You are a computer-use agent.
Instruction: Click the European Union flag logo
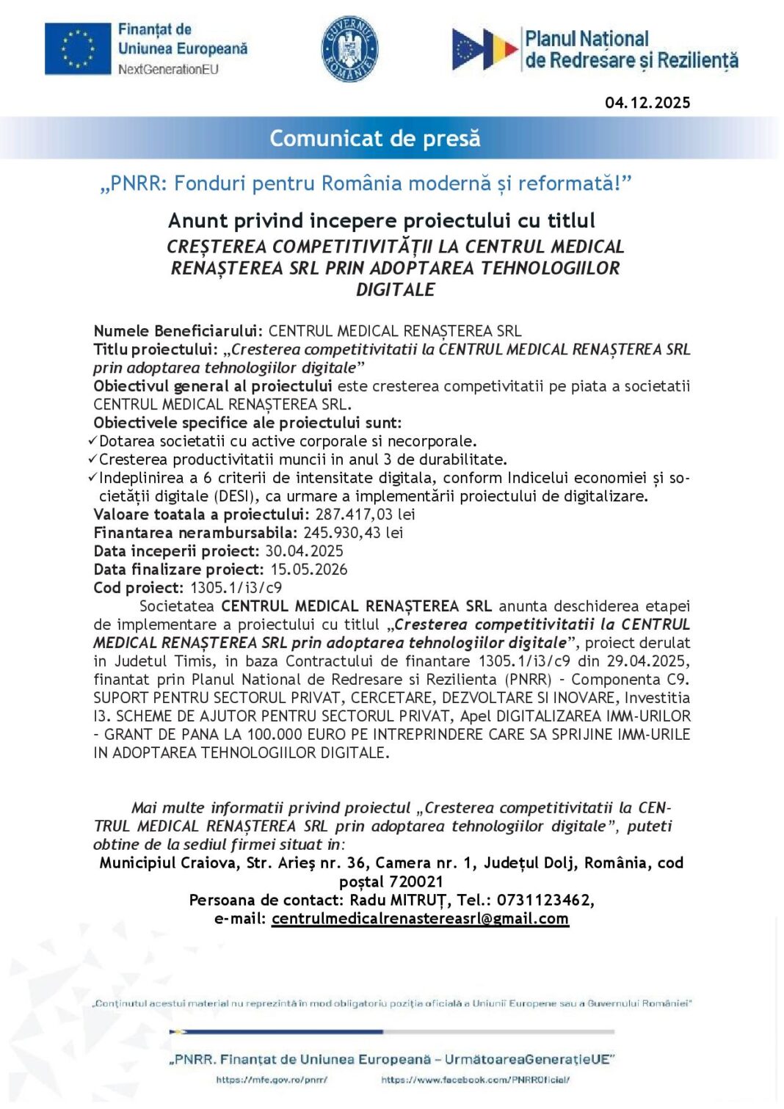tap(77, 48)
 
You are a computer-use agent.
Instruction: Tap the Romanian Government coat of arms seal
tap(349, 49)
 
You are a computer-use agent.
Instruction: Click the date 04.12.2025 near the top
tap(647, 103)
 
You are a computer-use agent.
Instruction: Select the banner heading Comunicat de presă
tap(374, 138)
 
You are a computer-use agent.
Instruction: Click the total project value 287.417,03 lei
tap(365, 514)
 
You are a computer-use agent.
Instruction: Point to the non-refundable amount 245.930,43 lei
tap(353, 533)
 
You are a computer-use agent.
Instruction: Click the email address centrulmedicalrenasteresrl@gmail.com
tap(420, 919)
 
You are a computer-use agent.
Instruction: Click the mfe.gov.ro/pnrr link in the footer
tap(272, 1080)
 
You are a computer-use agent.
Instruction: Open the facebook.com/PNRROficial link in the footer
tap(475, 1080)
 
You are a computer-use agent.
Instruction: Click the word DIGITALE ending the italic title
tap(395, 290)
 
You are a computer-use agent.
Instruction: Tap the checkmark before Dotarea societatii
tap(92, 441)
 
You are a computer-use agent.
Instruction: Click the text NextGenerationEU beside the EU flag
tap(168, 70)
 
